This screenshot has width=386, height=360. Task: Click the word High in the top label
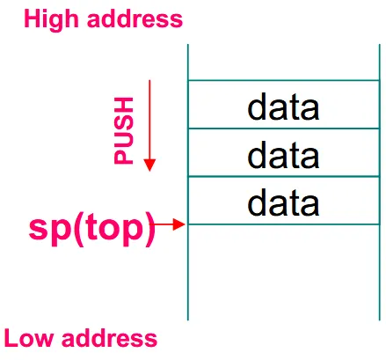point(51,19)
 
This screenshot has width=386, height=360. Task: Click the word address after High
point(135,18)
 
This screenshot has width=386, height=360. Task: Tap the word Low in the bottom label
point(29,338)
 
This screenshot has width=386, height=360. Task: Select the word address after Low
point(109,338)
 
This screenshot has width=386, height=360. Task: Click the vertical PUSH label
point(123,130)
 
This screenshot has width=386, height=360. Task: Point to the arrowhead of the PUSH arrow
point(149,165)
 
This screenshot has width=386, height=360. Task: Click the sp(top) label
point(91,229)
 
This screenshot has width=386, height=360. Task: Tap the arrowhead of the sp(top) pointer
point(179,224)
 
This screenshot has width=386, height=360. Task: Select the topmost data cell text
point(283,107)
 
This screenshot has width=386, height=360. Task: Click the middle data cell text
point(283,155)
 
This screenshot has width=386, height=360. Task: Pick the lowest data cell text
point(283,202)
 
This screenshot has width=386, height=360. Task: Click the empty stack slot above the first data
point(284,62)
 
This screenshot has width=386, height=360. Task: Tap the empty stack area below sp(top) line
point(284,273)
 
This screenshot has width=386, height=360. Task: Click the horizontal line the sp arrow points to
point(284,224)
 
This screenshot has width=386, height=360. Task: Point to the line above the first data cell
point(284,80)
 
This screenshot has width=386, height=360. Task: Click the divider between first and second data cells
point(284,129)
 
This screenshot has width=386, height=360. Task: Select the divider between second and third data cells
point(284,176)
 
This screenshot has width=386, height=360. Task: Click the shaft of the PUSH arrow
point(149,120)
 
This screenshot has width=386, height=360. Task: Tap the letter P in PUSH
point(123,157)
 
